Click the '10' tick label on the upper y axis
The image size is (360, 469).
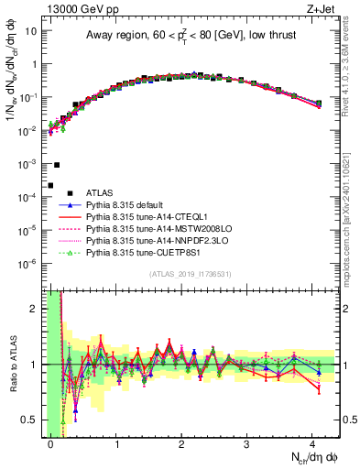30,30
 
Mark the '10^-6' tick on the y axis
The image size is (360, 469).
27,264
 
